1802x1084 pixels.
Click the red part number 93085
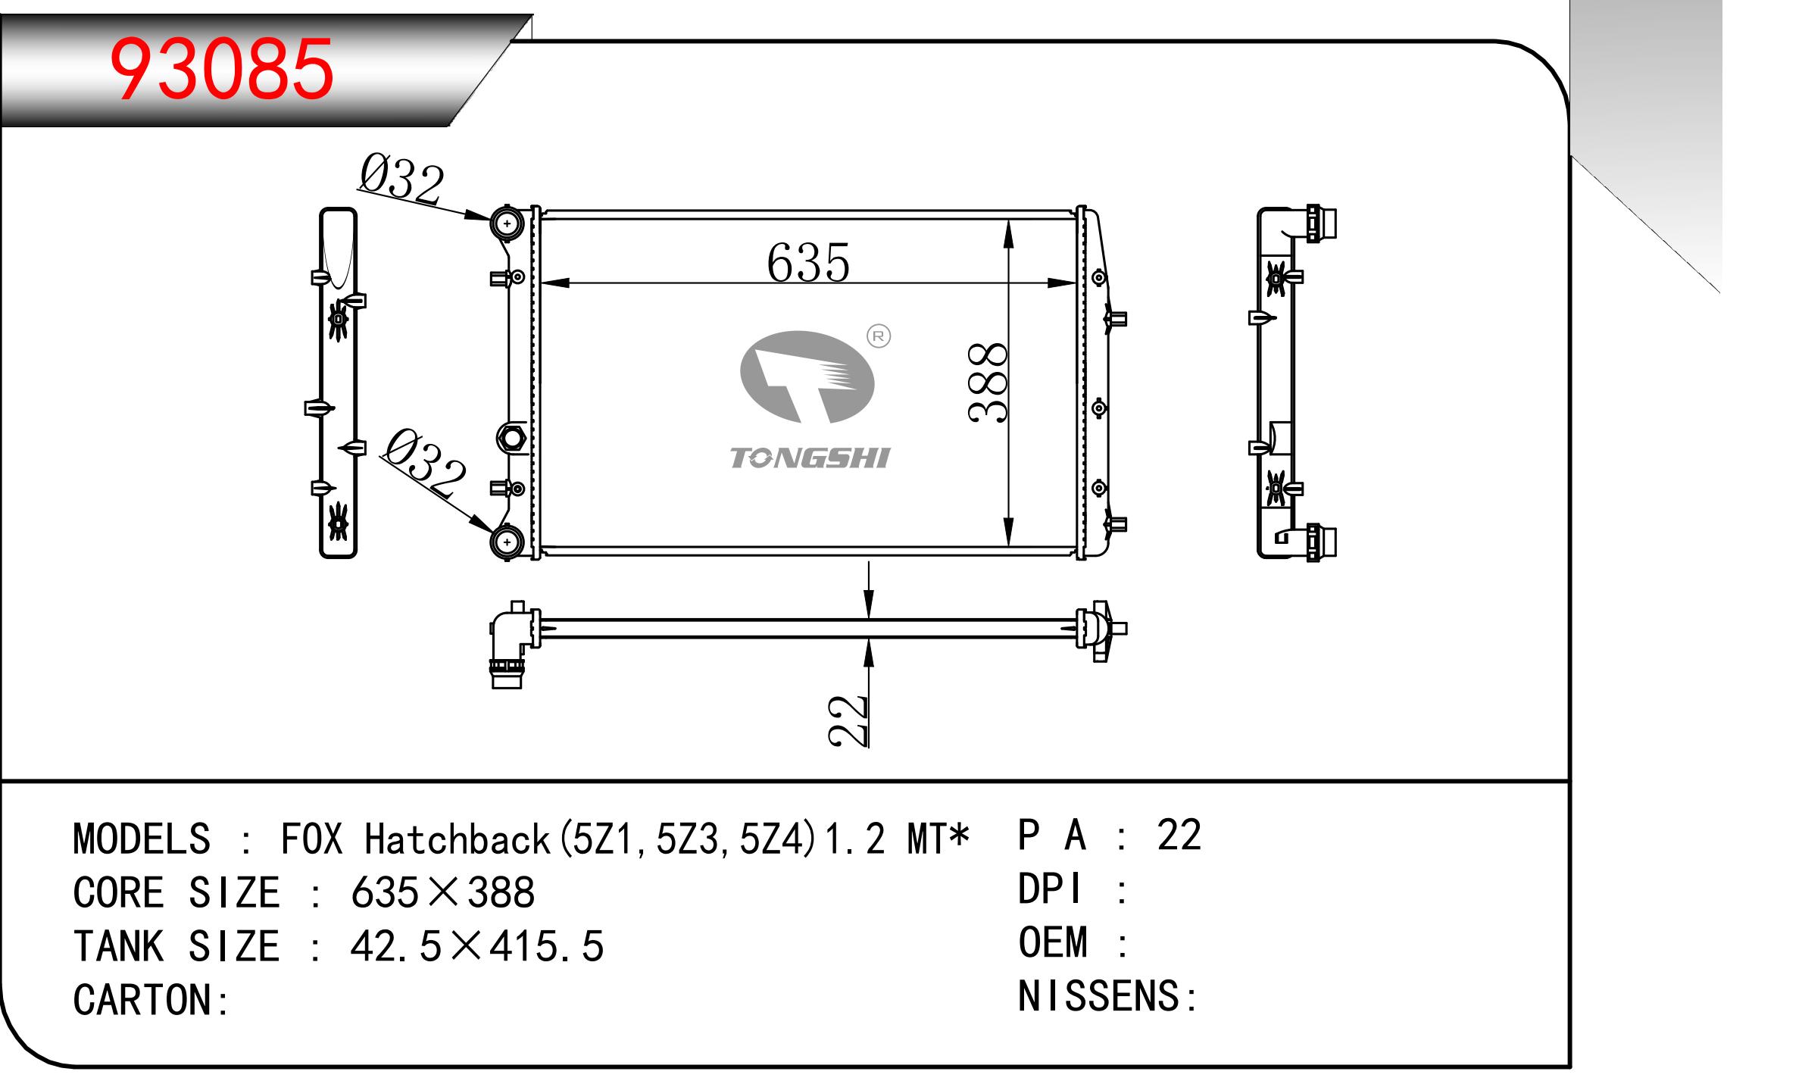click(x=222, y=69)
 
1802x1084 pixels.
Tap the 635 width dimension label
click(x=808, y=262)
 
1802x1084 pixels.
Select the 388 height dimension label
click(x=988, y=382)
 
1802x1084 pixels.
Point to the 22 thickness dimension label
click(x=848, y=720)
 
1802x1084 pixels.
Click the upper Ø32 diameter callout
click(x=401, y=179)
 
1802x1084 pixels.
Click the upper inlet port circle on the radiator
click(x=507, y=223)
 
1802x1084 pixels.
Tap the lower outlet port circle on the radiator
click(x=507, y=542)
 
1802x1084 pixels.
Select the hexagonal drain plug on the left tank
click(x=511, y=438)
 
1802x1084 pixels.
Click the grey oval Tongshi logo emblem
click(x=807, y=376)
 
